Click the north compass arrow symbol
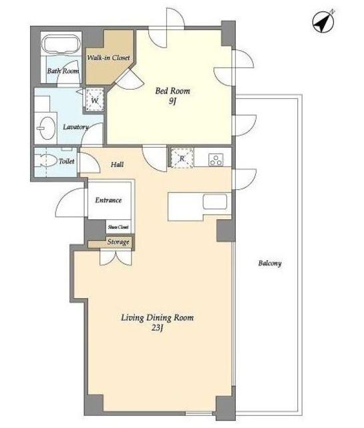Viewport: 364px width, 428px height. (323, 21)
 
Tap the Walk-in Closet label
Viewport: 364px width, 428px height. (108, 58)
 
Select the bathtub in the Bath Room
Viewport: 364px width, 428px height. (62, 44)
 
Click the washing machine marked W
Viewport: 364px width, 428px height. (94, 100)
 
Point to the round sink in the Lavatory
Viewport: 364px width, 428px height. (47, 128)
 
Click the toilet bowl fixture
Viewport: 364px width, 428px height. (47, 160)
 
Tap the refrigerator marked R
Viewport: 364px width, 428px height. (182, 158)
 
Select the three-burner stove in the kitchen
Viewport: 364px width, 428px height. (216, 160)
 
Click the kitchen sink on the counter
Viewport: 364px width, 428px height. (215, 201)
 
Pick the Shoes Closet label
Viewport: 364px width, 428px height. (118, 227)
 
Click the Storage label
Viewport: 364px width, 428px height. (118, 242)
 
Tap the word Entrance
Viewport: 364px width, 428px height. (108, 200)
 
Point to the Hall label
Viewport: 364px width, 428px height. (118, 165)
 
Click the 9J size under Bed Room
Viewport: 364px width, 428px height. (172, 101)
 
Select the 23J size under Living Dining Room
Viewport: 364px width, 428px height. (158, 328)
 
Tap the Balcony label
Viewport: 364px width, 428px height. (270, 263)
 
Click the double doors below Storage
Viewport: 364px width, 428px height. (116, 257)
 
